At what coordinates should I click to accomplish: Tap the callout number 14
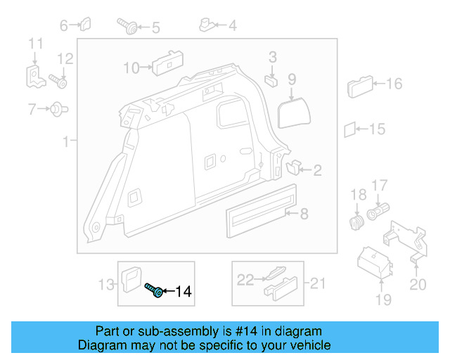pos(182,291)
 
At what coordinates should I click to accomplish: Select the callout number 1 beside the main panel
pos(66,142)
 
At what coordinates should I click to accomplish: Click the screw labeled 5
pos(128,27)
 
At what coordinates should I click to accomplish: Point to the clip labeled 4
pos(207,27)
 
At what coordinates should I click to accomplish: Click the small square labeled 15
pos(349,129)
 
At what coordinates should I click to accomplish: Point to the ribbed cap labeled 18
pos(357,222)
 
